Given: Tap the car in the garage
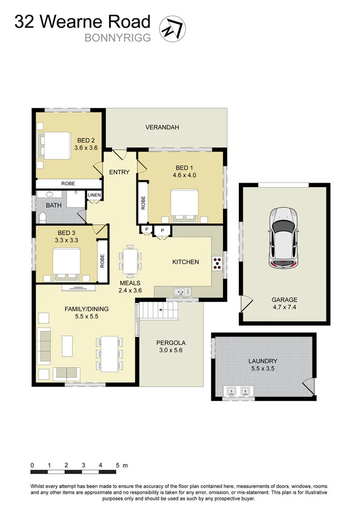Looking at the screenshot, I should (284, 238).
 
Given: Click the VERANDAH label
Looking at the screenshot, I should (162, 127).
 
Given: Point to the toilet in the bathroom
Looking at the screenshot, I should (43, 217).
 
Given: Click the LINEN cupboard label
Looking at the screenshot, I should (94, 196).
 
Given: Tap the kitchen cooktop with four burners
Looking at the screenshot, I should (217, 262).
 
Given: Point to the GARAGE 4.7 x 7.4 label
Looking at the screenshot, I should (284, 304).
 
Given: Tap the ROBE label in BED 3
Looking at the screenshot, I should (102, 260).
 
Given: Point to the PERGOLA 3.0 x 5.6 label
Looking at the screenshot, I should (170, 346).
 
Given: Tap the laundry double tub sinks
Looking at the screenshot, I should (238, 390).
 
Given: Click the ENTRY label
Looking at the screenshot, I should (119, 172).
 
